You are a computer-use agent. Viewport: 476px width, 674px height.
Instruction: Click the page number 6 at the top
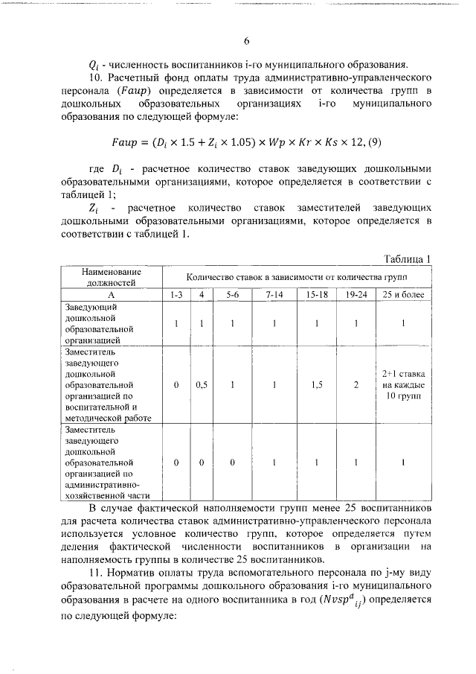[x=245, y=41]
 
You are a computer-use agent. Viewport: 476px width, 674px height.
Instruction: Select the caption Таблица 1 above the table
[x=407, y=258]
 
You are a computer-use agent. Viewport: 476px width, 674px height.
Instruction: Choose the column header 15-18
[x=317, y=296]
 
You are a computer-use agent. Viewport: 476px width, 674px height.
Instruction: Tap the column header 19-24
[x=356, y=296]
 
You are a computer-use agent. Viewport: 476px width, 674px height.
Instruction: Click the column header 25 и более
[x=403, y=296]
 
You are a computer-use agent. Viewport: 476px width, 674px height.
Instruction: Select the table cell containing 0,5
[x=201, y=386]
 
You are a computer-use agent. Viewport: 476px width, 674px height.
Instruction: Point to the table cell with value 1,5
[x=317, y=386]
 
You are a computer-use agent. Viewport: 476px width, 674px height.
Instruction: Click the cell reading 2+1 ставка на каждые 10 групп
[x=403, y=386]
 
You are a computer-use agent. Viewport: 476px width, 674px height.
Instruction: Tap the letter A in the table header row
[x=105, y=296]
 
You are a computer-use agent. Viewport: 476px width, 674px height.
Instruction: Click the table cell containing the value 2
[x=356, y=386]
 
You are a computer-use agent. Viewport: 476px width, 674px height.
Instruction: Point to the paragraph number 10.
[x=95, y=77]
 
